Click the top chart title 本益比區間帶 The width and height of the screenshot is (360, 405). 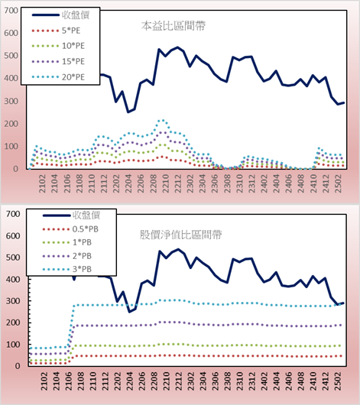pos(174,26)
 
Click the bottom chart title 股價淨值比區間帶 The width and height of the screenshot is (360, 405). pos(180,235)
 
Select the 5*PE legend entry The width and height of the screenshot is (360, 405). pos(56,31)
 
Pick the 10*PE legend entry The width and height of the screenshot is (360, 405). pos(58,46)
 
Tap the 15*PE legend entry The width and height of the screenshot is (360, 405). pos(58,61)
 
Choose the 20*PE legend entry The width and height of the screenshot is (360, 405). pos(58,77)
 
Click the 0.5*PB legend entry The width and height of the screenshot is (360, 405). pos(70,229)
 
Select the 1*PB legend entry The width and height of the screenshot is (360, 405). pos(67,242)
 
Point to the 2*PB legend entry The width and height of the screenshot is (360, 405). pos(67,256)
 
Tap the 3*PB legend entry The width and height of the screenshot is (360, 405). pos(67,269)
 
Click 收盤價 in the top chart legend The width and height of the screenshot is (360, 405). pos(60,15)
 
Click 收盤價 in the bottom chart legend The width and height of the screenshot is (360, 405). pos(71,215)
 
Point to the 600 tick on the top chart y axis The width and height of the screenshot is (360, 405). pos(11,33)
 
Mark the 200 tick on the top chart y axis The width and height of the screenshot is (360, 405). pos(11,124)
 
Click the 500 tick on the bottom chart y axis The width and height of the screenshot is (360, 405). pos(13,258)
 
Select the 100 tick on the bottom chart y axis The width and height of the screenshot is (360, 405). pos(13,345)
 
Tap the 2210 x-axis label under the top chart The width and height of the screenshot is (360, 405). pos(165,183)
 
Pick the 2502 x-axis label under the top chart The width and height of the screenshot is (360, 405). pos(338,183)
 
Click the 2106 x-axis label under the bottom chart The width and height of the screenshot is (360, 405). pos(68,381)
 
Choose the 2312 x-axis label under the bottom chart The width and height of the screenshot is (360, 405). pos(252,381)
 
